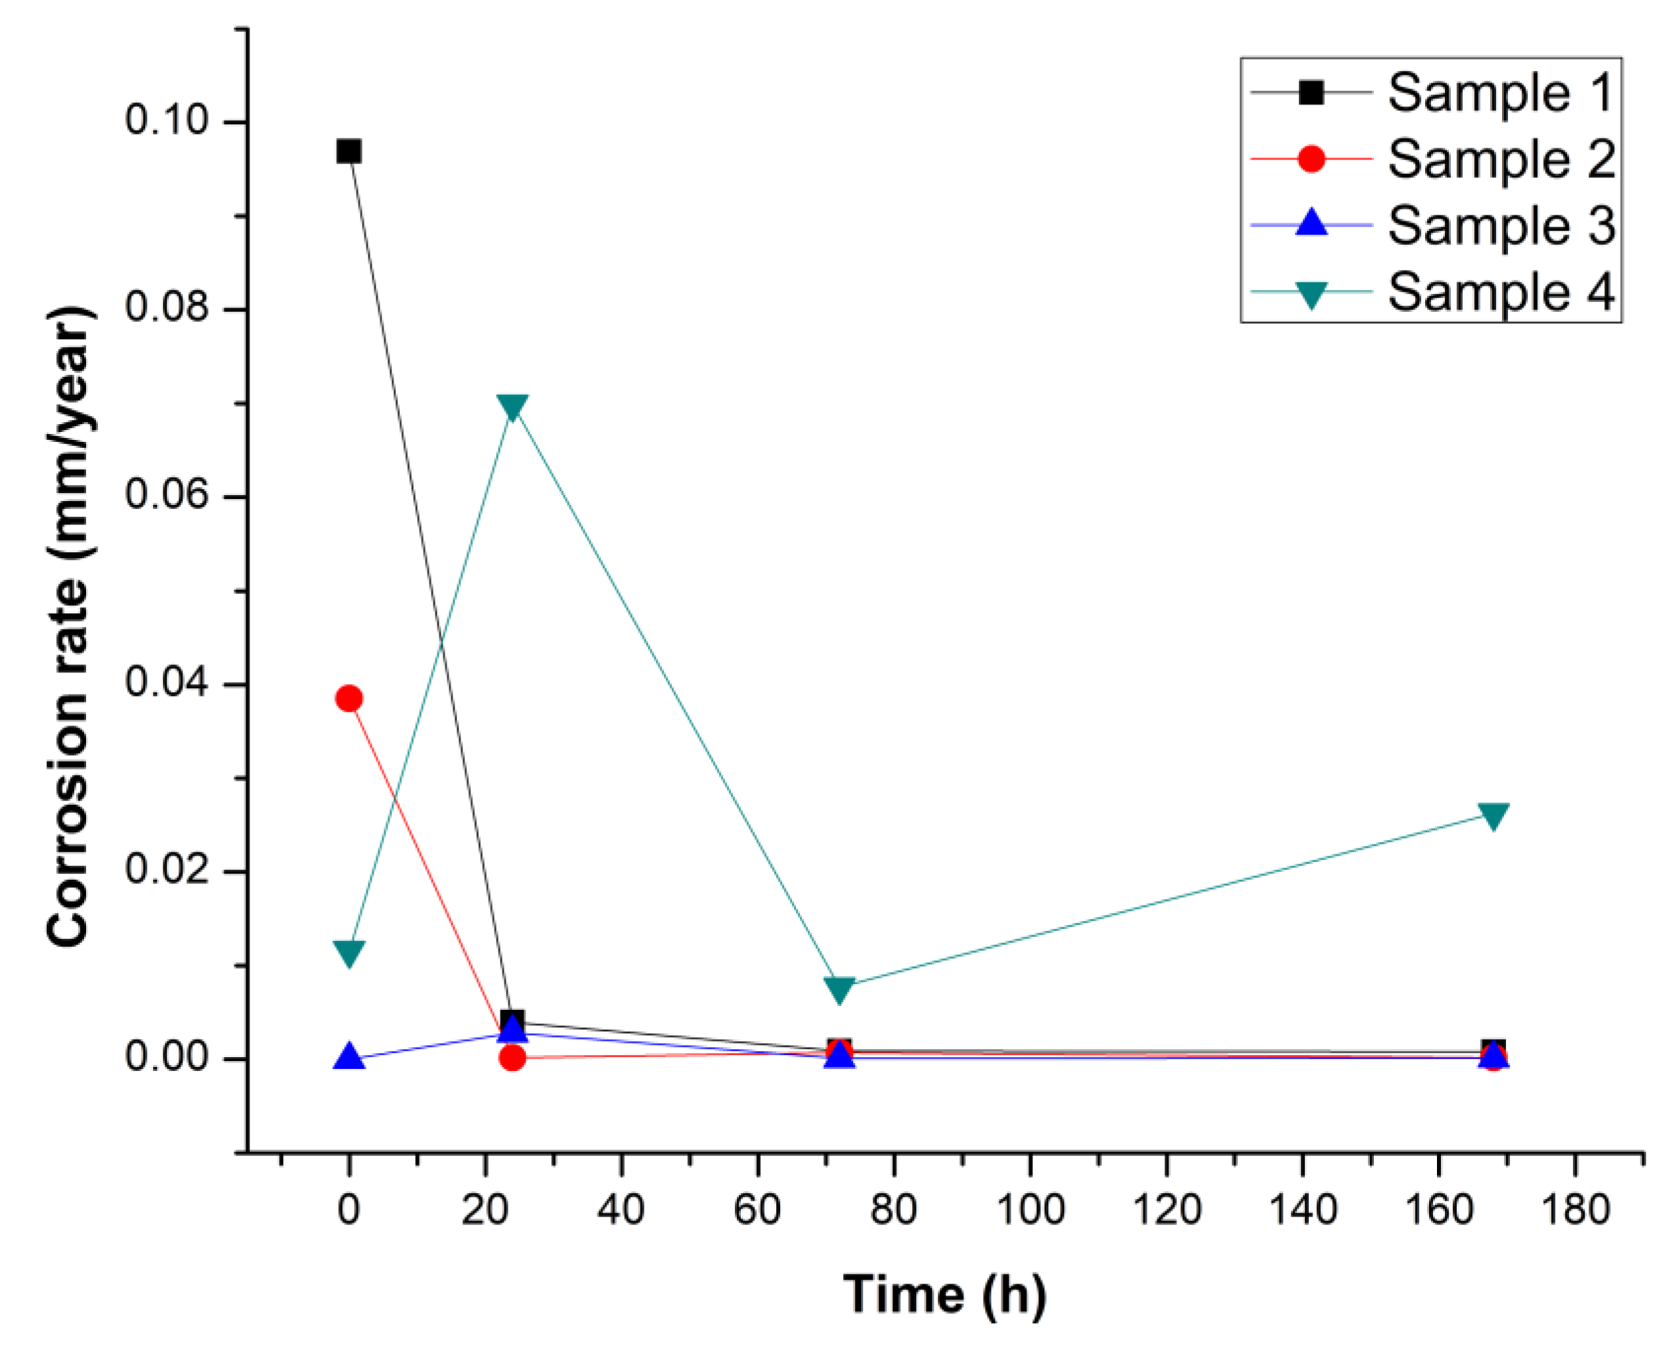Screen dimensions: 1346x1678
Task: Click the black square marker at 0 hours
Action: pos(349,151)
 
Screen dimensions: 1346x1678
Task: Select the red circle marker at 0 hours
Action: pos(349,699)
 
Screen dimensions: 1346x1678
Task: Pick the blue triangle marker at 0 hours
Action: pos(349,1057)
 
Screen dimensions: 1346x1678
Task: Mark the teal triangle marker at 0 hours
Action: pos(349,952)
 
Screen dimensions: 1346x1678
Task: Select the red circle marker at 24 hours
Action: pos(512,1057)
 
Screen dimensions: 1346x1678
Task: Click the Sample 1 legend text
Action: pos(1500,93)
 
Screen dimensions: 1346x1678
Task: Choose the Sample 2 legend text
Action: pos(1500,160)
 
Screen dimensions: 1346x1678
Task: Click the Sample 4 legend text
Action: pos(1500,293)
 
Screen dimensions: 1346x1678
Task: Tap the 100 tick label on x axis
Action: pos(1030,1211)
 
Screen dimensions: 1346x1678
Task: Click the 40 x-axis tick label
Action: pos(621,1211)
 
